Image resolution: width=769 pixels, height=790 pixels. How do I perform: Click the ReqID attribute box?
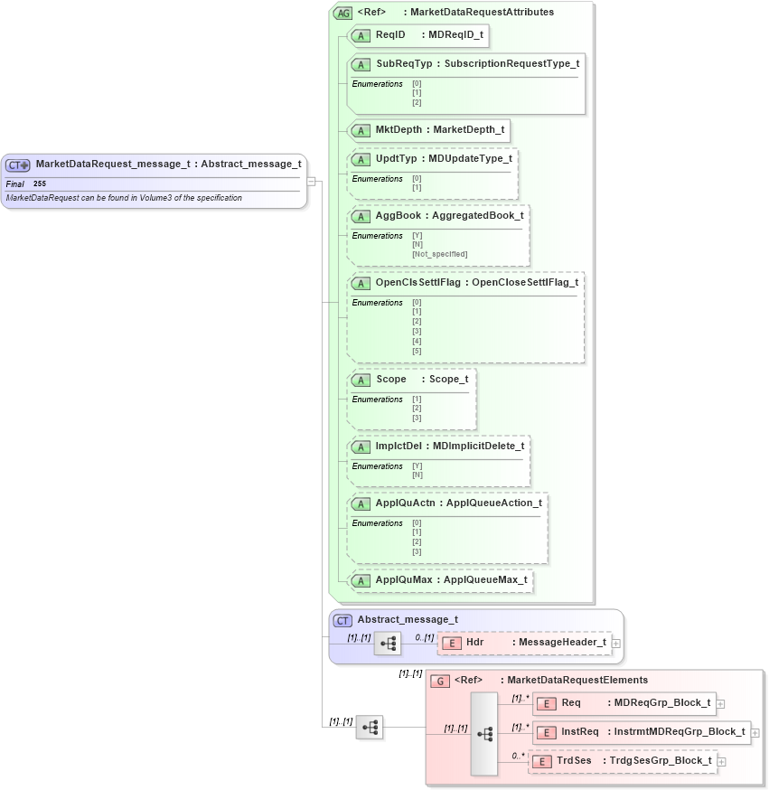[418, 35]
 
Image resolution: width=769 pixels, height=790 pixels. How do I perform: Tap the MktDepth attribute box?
[428, 129]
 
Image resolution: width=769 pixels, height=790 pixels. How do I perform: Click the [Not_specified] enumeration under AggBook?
[439, 254]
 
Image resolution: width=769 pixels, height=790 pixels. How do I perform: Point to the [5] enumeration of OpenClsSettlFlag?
[417, 351]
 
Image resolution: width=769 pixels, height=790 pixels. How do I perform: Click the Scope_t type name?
[448, 380]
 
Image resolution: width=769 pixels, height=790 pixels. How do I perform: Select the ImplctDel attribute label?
[399, 446]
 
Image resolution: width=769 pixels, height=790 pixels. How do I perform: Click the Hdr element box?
[524, 643]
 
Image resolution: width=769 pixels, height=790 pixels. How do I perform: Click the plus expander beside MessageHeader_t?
[616, 643]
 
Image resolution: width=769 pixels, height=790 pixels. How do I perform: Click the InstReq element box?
[641, 732]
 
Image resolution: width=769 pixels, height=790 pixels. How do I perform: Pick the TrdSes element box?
[623, 761]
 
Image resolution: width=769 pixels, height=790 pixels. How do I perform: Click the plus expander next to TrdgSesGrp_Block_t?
[721, 761]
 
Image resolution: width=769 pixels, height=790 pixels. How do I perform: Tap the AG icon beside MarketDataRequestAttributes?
[342, 13]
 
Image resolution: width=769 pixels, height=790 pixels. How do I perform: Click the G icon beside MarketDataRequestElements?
[440, 681]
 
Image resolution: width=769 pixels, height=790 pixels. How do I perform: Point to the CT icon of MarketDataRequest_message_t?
[18, 165]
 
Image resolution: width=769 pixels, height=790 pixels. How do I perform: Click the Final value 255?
[40, 183]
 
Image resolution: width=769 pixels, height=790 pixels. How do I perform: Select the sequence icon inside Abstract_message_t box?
[387, 644]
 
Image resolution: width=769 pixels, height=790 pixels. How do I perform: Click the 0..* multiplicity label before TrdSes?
[519, 756]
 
